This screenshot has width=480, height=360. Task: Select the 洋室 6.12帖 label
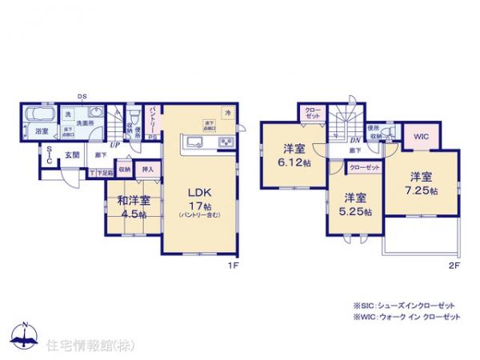click(295, 154)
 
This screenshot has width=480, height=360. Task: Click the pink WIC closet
click(421, 137)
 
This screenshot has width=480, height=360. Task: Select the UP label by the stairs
click(116, 144)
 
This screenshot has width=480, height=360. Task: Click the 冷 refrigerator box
click(228, 113)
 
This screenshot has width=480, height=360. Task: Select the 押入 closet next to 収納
click(148, 169)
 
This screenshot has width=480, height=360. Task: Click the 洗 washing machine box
click(68, 114)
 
